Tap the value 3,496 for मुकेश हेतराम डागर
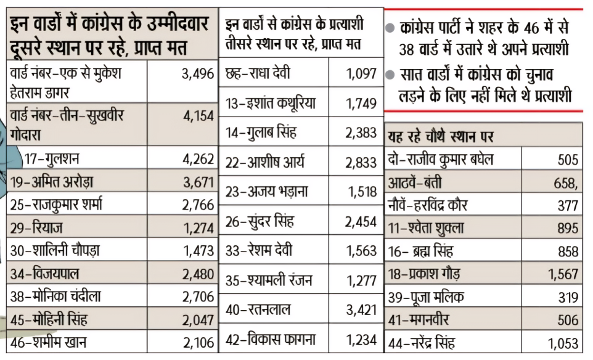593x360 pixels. [x=197, y=75]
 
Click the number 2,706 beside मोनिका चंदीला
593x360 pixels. [x=197, y=297]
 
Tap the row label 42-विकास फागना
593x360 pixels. [x=271, y=340]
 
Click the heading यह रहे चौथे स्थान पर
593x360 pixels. [x=441, y=136]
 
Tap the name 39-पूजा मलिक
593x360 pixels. [x=426, y=297]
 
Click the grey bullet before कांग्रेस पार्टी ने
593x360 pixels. [x=390, y=28]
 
